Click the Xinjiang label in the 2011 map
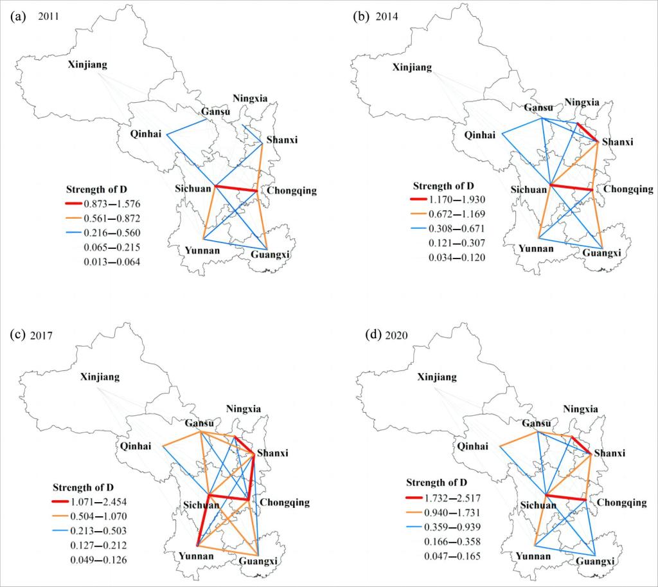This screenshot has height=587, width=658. pos(89,65)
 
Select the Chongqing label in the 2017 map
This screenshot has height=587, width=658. pos(283,502)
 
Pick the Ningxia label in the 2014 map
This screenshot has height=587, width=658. pos(582,102)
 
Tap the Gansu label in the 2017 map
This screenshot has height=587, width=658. pos(202,423)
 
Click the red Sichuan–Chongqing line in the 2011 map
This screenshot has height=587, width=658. pos(236,189)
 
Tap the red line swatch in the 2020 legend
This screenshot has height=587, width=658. pos(415,496)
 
